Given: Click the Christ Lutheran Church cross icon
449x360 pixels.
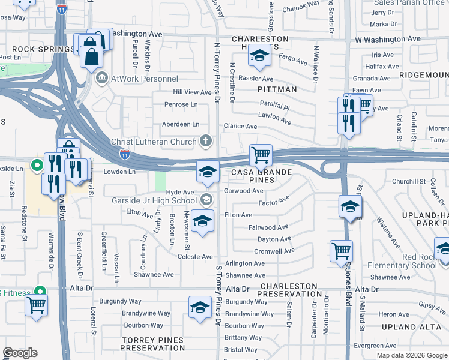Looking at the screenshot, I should click(206, 142).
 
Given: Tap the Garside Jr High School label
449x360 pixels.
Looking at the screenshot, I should click(154, 200).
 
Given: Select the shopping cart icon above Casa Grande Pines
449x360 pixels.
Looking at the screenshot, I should click(261, 155).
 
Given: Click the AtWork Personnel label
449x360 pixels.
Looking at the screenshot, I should click(144, 79).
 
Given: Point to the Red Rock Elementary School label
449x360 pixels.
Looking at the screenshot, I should click(411, 261).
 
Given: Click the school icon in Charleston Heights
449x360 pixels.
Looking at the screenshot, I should click(259, 57).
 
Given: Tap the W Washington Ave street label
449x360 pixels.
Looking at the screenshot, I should click(388, 39).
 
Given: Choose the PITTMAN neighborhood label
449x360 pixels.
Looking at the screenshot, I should click(277, 89).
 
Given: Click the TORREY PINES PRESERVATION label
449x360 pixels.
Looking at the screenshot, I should click(152, 344).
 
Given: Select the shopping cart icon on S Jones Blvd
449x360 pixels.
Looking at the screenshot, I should click(342, 251).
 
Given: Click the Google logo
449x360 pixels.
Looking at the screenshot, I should click(20, 353).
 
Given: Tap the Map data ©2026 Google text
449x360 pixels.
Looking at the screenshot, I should click(411, 355).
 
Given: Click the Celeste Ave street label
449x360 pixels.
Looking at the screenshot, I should click(196, 257).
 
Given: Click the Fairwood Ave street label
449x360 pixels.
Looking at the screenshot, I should click(269, 227).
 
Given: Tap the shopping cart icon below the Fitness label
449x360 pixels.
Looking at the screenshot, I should click(37, 305).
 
